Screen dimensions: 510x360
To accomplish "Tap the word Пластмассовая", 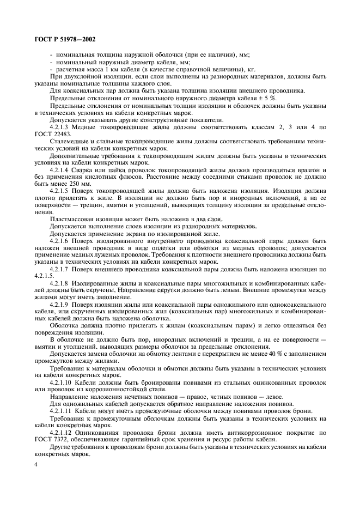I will (69, 218).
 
